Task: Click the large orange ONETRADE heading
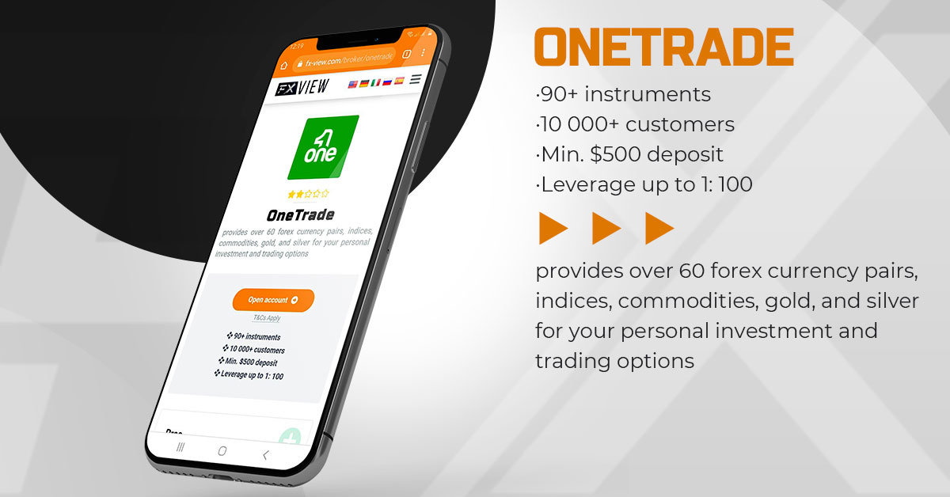pyautogui.click(x=663, y=47)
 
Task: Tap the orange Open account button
pyautogui.click(x=273, y=300)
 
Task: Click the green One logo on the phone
pyautogui.click(x=322, y=147)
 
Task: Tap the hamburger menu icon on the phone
pyautogui.click(x=416, y=79)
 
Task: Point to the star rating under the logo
pyautogui.click(x=308, y=194)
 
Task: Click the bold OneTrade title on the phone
pyautogui.click(x=300, y=214)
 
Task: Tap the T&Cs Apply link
pyautogui.click(x=267, y=318)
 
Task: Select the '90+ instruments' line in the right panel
pyautogui.click(x=623, y=95)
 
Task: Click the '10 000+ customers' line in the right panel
pyautogui.click(x=635, y=125)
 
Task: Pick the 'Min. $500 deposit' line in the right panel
pyautogui.click(x=629, y=155)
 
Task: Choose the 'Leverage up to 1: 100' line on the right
pyautogui.click(x=644, y=185)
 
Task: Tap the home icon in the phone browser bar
pyautogui.click(x=284, y=65)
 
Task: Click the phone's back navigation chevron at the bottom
pyautogui.click(x=265, y=455)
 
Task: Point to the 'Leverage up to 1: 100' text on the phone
pyautogui.click(x=249, y=375)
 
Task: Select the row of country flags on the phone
pyautogui.click(x=376, y=82)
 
